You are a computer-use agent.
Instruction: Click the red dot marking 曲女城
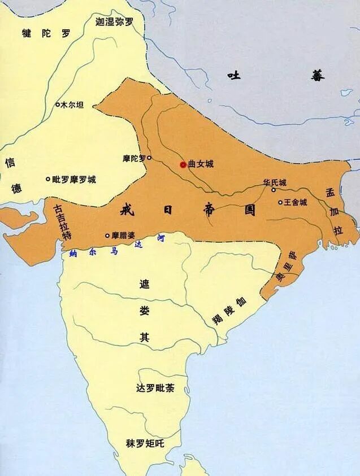(x=183, y=164)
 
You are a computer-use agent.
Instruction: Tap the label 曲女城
(x=201, y=164)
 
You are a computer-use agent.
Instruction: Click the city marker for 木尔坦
(x=57, y=104)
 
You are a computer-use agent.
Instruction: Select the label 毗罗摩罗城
(x=74, y=180)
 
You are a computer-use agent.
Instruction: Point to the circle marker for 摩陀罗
(x=149, y=158)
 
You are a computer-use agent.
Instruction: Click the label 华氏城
(x=275, y=182)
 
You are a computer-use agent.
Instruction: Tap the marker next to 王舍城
(x=280, y=202)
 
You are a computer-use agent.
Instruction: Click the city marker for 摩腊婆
(x=107, y=235)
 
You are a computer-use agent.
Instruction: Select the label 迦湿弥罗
(x=115, y=22)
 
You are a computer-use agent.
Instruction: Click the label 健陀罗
(x=46, y=33)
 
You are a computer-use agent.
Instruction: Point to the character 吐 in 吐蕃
(x=234, y=75)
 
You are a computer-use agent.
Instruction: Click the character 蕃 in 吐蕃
(x=318, y=75)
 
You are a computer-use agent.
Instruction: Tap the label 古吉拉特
(x=62, y=221)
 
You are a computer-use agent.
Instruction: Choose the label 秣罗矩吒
(x=145, y=443)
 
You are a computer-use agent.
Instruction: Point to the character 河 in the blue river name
(x=161, y=238)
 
